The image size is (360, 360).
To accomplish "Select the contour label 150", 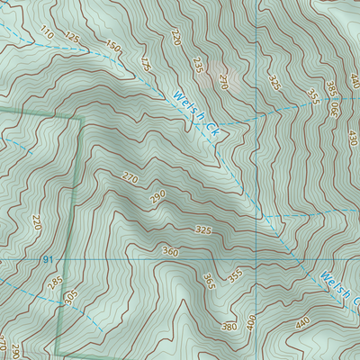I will click(x=112, y=46).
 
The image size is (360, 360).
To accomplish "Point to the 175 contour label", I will click(x=145, y=64).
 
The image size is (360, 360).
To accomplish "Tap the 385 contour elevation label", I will click(x=330, y=89).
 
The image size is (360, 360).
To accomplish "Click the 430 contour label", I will click(x=352, y=139).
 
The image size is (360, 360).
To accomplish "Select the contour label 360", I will click(x=170, y=251).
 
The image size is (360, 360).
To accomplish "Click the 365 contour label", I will click(x=208, y=282).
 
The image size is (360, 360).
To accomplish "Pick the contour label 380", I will click(x=229, y=327).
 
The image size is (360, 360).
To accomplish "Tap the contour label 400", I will click(x=250, y=321).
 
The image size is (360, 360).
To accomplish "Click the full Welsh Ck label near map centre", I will click(x=199, y=112).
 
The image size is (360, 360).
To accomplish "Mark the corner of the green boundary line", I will click(x=82, y=118).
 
